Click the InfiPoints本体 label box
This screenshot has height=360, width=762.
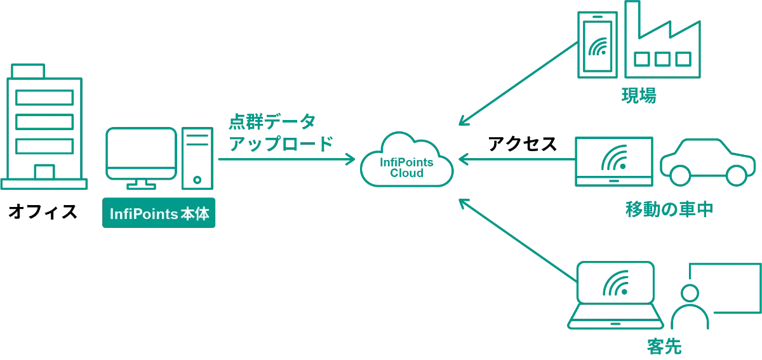[x=159, y=215]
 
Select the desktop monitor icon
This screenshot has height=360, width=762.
[x=141, y=154]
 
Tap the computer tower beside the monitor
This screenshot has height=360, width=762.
[x=196, y=159]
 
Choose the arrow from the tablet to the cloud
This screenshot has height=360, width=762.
[x=518, y=160]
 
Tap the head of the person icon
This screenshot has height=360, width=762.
[x=690, y=293]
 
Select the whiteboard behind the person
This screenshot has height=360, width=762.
[x=726, y=286]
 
